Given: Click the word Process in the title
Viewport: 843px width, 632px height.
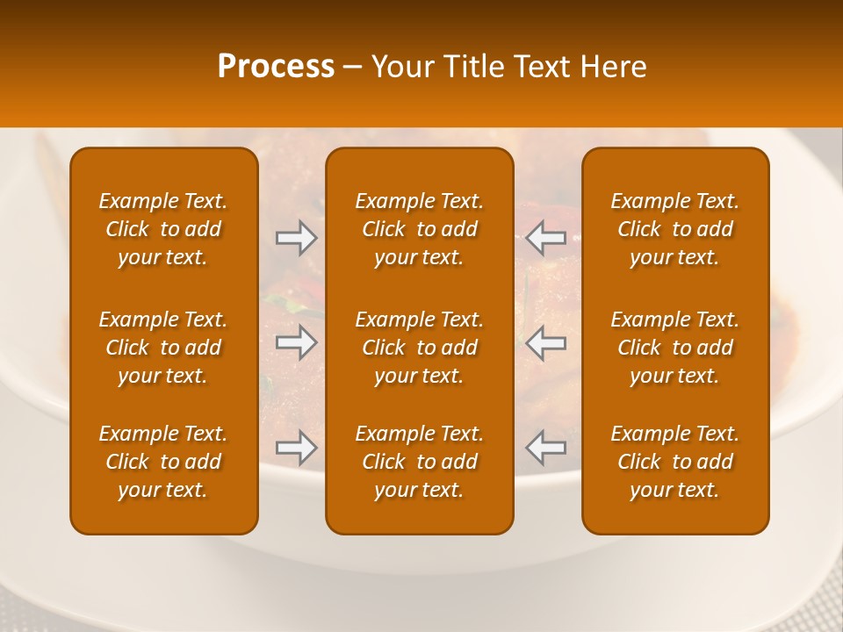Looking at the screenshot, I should point(276,67).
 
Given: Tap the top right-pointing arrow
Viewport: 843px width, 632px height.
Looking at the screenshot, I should point(297,238).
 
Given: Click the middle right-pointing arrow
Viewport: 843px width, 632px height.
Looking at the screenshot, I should point(297,342).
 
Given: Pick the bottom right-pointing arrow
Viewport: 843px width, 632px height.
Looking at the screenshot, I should point(297,448).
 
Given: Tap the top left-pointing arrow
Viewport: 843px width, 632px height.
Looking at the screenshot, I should point(546,238).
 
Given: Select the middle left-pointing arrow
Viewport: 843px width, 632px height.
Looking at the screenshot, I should point(546,342).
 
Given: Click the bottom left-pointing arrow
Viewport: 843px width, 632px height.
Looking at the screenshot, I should point(546,448).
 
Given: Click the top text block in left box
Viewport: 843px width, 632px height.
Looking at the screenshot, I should point(163,229).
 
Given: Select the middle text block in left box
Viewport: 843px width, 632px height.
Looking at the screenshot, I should point(163,348).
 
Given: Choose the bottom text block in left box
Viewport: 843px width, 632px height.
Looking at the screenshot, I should point(163,462).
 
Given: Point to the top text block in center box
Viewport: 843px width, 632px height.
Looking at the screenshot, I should point(420,229).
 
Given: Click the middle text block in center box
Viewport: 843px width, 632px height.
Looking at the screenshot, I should point(420,348).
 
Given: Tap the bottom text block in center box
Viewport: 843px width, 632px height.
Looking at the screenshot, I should point(420,462).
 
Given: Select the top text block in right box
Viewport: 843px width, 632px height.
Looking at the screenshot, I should point(675,229).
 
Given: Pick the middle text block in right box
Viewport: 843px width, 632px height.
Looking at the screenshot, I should point(675,348).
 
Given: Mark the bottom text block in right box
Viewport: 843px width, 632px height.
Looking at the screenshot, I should point(675,462).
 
